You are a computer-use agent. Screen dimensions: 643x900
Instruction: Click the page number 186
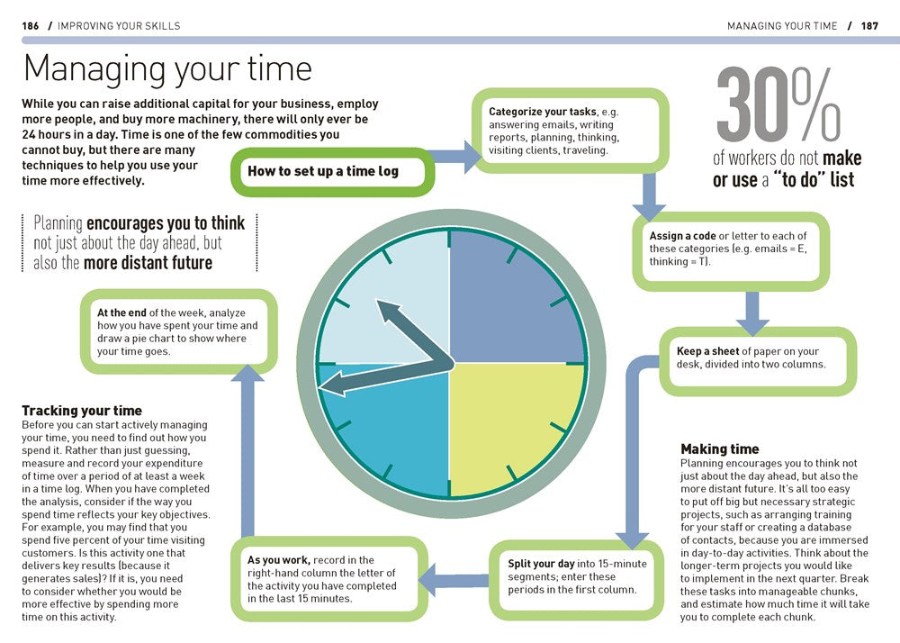31,26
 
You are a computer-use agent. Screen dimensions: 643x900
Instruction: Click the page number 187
868,26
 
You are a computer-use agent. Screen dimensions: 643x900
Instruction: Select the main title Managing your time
167,70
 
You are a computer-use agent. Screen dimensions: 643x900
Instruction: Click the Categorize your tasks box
571,131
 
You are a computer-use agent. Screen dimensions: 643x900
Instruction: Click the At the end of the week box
178,331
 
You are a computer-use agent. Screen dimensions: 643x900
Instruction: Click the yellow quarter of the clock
517,428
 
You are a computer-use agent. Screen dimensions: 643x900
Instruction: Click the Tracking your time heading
82,411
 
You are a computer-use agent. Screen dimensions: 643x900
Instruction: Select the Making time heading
720,448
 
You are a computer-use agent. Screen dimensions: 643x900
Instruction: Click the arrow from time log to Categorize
457,155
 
